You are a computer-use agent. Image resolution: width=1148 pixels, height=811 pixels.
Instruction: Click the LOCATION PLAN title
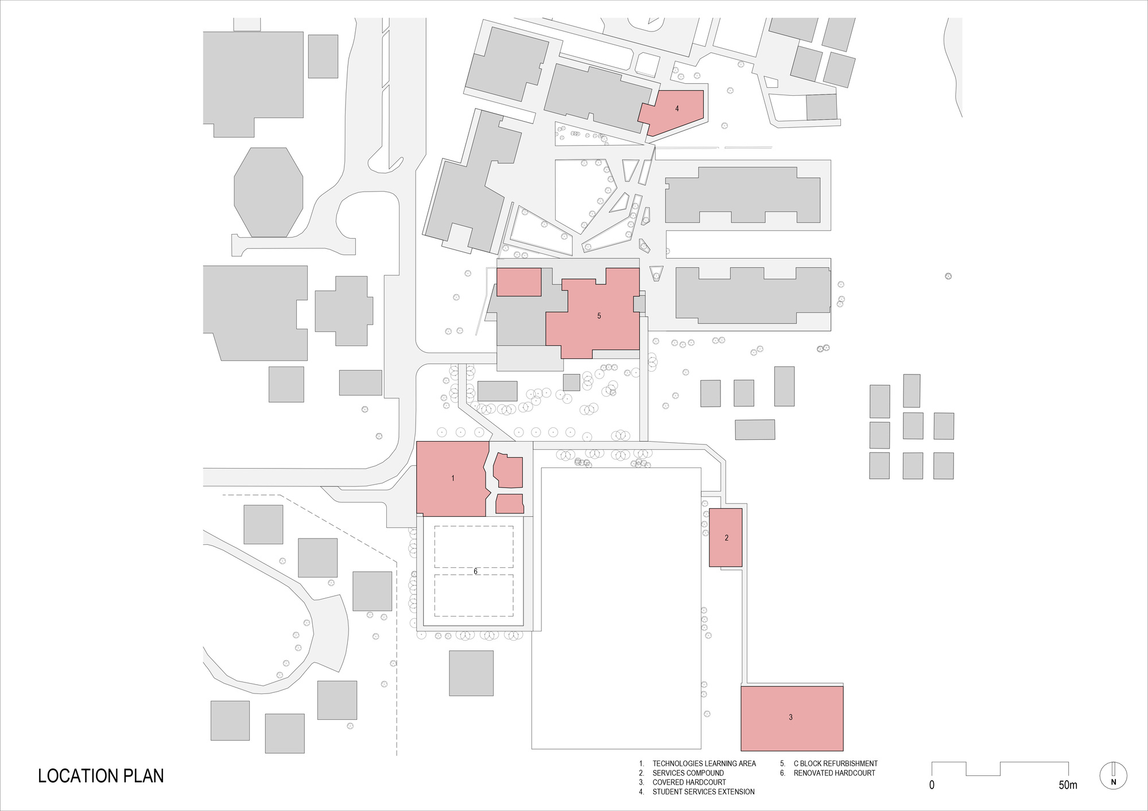coord(101,775)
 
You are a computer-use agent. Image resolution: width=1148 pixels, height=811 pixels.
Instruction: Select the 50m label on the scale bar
coord(1068,785)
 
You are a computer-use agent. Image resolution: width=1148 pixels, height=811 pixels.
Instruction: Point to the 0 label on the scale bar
coord(932,785)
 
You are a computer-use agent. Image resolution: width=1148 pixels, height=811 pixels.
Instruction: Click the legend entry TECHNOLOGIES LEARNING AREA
coord(704,763)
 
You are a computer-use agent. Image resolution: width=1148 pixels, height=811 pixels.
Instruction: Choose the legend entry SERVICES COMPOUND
coord(688,773)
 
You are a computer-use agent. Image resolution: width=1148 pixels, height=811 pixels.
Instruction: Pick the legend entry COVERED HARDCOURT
coord(689,782)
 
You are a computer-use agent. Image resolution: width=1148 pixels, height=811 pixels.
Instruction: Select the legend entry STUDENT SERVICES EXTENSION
coord(703,791)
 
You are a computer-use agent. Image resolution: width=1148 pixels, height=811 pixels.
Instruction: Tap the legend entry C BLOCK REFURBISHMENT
coord(835,763)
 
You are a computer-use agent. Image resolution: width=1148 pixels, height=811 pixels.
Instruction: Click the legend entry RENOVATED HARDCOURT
coord(834,773)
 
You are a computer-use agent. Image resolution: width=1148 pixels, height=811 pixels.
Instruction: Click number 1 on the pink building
coord(453,478)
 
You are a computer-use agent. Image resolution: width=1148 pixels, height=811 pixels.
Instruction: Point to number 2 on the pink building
coord(727,537)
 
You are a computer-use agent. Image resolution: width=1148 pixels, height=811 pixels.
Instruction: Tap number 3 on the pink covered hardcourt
coord(790,717)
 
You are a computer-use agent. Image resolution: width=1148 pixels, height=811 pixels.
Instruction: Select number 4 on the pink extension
coord(677,108)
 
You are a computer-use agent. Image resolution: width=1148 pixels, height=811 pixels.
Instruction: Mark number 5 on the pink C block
coord(599,316)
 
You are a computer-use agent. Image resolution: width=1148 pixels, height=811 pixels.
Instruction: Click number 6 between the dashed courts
coord(475,571)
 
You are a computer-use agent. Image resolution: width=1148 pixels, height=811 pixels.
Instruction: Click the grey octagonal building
coord(268,192)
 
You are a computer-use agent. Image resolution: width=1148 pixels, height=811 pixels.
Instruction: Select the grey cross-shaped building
coord(344,311)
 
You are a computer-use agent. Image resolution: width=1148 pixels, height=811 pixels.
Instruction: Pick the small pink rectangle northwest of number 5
coord(519,282)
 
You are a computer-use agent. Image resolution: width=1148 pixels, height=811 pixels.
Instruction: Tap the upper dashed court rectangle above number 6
coord(474,547)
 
